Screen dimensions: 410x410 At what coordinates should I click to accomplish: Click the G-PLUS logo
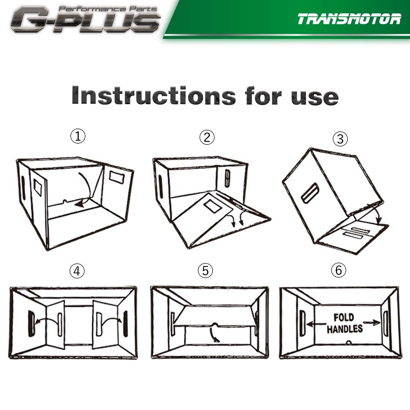click(85, 20)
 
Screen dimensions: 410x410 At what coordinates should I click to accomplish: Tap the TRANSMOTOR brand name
click(349, 19)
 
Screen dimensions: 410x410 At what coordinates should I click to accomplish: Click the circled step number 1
click(77, 136)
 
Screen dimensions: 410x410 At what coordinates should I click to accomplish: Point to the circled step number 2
click(207, 137)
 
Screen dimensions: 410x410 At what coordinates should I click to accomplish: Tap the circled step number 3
click(340, 139)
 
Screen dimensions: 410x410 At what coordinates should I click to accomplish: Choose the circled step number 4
click(77, 271)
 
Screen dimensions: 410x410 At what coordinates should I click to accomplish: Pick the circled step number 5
click(205, 270)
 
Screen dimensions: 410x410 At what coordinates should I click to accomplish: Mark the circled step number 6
click(338, 270)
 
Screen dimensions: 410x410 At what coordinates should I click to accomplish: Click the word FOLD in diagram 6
click(344, 318)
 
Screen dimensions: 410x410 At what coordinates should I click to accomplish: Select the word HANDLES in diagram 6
click(345, 329)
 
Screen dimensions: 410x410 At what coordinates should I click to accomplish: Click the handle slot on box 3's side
click(310, 193)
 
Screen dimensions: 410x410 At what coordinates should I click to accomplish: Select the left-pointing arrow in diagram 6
click(317, 324)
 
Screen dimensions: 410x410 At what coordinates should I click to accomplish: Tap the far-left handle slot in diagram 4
click(31, 323)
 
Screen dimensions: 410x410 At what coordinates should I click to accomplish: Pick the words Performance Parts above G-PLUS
click(108, 9)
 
